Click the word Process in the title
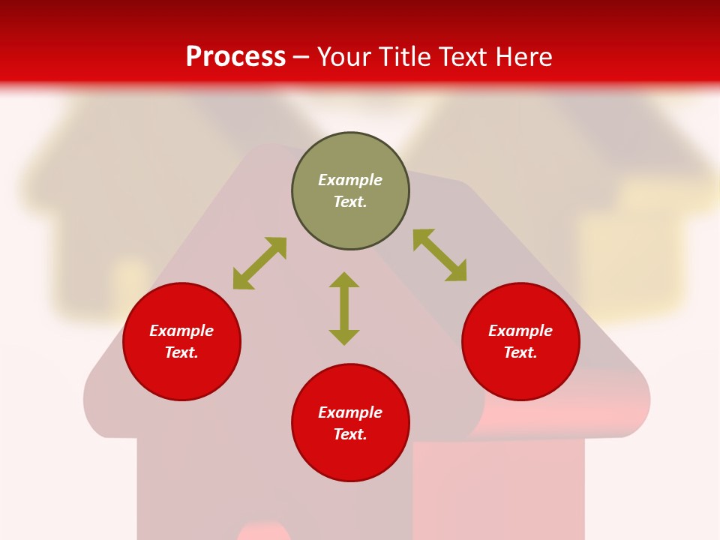click(235, 57)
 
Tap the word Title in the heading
click(406, 57)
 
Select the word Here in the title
click(524, 57)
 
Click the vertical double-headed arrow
click(344, 308)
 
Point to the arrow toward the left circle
click(259, 263)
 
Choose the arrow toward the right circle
click(439, 255)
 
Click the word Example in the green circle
click(350, 180)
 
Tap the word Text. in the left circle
click(181, 352)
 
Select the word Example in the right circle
click(520, 331)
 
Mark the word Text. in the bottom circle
click(350, 434)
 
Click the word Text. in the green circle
click(350, 202)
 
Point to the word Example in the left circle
click(181, 331)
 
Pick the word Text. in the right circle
click(520, 352)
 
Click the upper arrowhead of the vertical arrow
click(344, 280)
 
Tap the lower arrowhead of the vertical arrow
click(344, 337)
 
